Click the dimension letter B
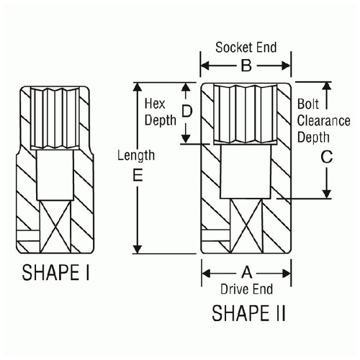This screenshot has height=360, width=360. click(x=246, y=66)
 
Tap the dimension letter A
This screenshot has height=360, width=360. click(x=247, y=273)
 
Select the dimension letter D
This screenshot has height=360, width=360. click(x=187, y=112)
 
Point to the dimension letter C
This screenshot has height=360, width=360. click(x=327, y=157)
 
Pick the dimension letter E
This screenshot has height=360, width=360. click(x=138, y=175)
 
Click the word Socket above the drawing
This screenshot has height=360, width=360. click(x=231, y=48)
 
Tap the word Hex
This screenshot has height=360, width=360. click(x=155, y=104)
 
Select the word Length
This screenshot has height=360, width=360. click(x=136, y=156)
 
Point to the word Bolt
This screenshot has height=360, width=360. click(x=308, y=104)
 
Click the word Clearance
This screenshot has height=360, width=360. click(x=324, y=120)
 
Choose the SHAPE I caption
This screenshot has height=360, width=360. click(x=55, y=272)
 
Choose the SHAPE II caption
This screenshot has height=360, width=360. click(x=248, y=313)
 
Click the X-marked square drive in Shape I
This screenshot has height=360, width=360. click(x=55, y=227)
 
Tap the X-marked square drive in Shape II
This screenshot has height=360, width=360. click(x=246, y=226)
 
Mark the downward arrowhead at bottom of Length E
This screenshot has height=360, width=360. click(x=138, y=249)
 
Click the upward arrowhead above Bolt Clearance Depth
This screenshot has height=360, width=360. click(x=326, y=86)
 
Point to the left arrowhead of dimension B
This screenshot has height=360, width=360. click(x=205, y=66)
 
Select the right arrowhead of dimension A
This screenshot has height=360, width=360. click(x=287, y=273)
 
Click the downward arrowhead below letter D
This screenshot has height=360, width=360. click(x=186, y=139)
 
